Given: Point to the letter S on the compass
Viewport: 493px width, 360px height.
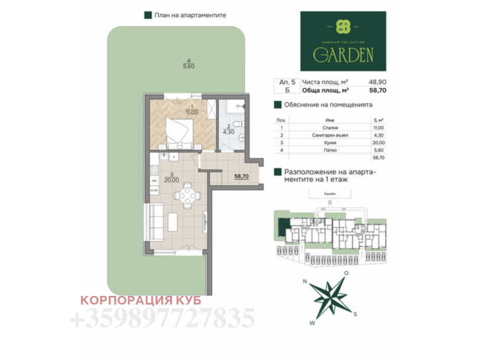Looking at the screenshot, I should pos(356,314).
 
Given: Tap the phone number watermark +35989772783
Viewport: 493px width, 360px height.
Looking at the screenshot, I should pos(163,319).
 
